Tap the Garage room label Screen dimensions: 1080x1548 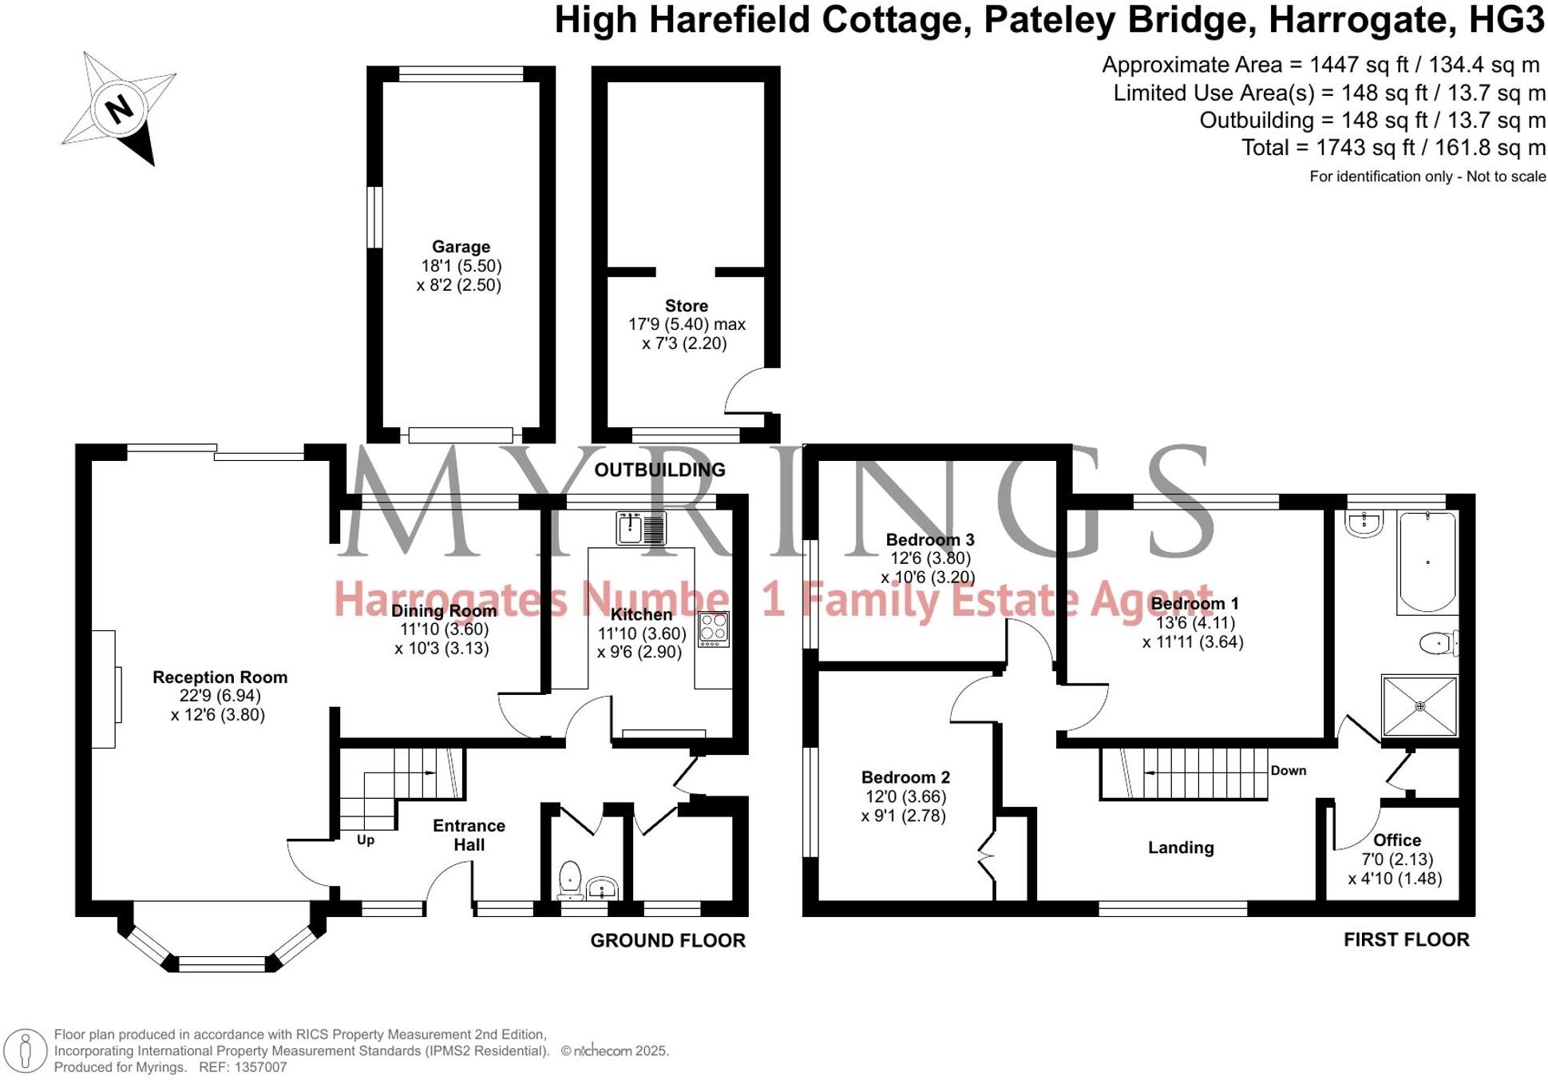(461, 247)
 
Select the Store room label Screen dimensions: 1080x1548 (686, 306)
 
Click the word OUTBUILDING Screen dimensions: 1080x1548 (659, 470)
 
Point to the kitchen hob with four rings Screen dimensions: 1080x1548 (714, 629)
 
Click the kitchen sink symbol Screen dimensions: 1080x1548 (640, 528)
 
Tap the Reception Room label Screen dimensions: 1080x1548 (220, 677)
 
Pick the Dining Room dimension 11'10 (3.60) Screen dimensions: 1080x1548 (444, 629)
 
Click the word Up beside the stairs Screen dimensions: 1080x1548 (366, 840)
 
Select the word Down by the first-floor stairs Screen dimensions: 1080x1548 (1289, 770)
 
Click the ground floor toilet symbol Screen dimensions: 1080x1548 (570, 879)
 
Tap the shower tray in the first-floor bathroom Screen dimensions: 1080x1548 (1419, 706)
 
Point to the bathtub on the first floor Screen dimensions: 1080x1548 (1427, 562)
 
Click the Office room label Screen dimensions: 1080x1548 (1396, 840)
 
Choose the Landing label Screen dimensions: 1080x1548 (1181, 848)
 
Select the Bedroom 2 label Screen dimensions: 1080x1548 (905, 777)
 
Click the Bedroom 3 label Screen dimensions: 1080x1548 (930, 540)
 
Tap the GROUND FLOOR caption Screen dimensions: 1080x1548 (667, 940)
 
